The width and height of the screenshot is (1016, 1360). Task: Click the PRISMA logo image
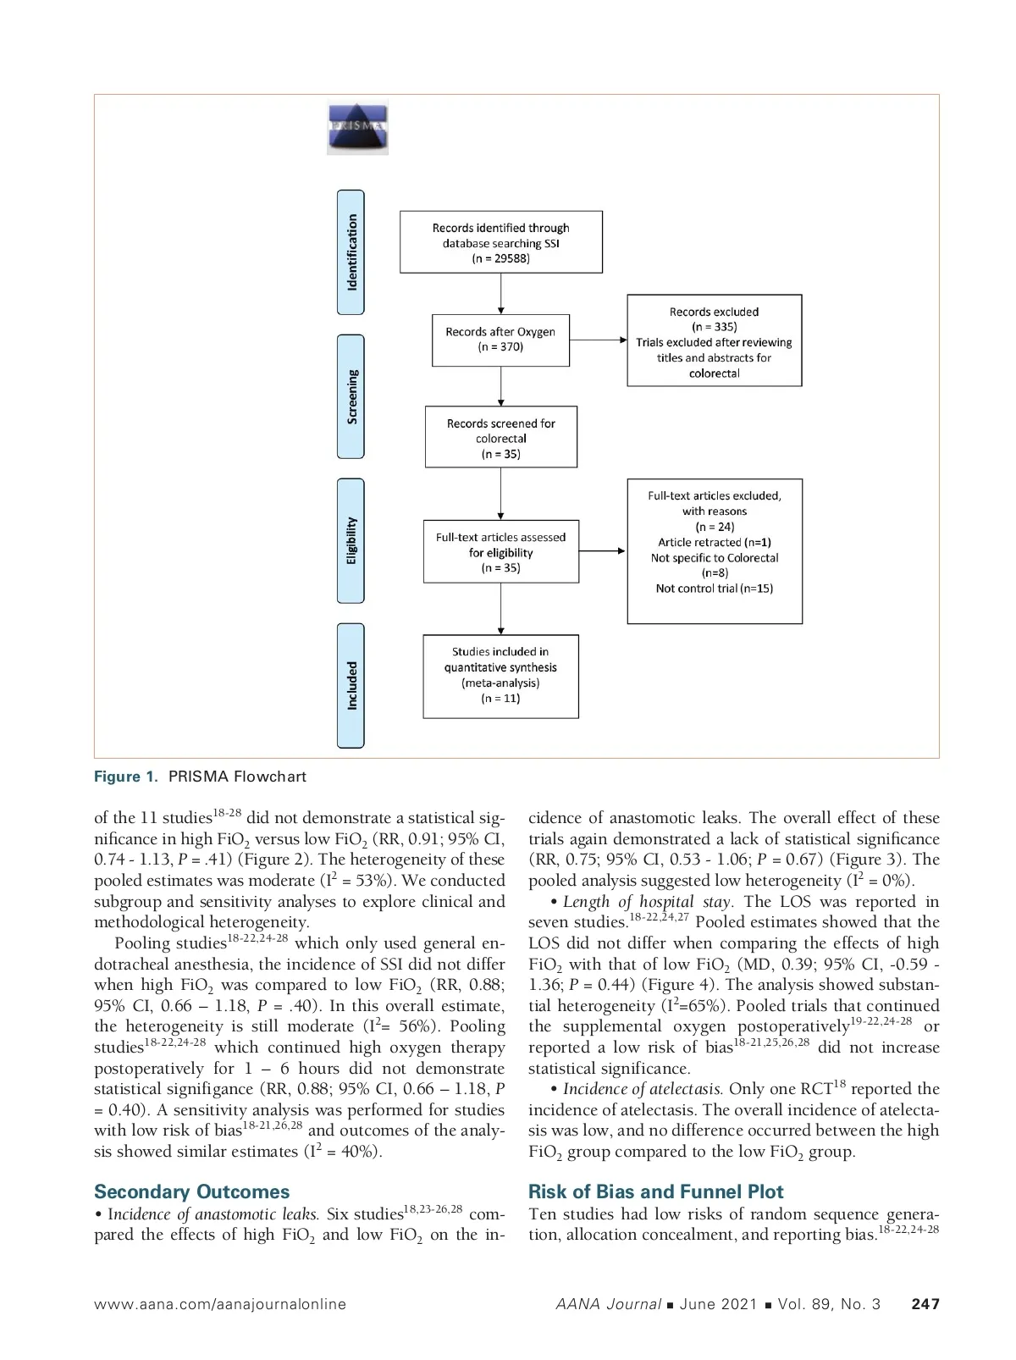click(x=357, y=128)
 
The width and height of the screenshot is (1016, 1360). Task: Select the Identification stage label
click(x=351, y=252)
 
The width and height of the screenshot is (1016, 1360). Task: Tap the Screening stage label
click(x=351, y=396)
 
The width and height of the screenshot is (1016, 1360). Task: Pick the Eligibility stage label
click(x=351, y=540)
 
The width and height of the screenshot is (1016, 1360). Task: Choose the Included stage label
click(x=351, y=685)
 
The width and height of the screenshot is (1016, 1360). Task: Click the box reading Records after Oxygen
click(x=500, y=340)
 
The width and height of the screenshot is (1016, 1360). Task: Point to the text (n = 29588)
click(x=500, y=258)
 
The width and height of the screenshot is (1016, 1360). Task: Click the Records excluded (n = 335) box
click(x=714, y=340)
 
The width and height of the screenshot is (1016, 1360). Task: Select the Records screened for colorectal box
click(x=500, y=438)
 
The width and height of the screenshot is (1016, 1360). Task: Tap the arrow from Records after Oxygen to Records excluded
click(x=598, y=340)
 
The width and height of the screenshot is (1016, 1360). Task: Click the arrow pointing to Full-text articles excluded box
click(x=602, y=551)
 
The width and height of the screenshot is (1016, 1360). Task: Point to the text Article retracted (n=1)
click(x=714, y=542)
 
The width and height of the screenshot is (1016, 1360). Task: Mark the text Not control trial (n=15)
click(x=714, y=589)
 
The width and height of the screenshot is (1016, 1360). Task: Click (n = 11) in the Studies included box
click(x=500, y=699)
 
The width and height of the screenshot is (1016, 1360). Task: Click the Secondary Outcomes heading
click(x=191, y=1191)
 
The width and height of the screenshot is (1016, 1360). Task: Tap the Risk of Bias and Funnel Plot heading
click(x=655, y=1191)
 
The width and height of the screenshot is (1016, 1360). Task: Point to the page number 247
click(x=925, y=1304)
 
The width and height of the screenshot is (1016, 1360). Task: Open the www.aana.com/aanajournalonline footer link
click(x=220, y=1304)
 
